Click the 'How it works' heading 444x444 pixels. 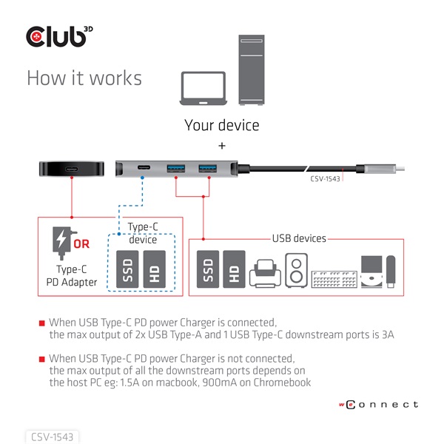(x=84, y=78)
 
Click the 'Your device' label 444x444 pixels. (x=222, y=124)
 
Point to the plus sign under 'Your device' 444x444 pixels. (x=222, y=146)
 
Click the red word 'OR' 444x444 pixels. (x=81, y=244)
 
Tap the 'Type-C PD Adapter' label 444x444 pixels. (x=76, y=276)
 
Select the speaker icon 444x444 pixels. (x=296, y=271)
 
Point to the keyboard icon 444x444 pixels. (x=333, y=279)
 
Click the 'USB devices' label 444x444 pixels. (x=297, y=239)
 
